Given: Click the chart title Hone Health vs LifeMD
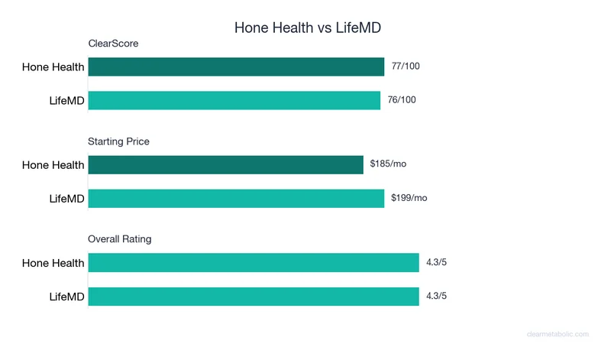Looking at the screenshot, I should (x=307, y=28).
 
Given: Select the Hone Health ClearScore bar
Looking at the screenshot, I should (x=236, y=66).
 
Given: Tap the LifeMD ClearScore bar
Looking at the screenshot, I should (x=234, y=100).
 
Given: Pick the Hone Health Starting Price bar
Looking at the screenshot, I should (x=225, y=164).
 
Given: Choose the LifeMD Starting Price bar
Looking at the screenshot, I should (x=236, y=198).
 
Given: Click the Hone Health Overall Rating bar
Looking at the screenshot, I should (x=254, y=263).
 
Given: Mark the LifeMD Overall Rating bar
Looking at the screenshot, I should (x=254, y=297).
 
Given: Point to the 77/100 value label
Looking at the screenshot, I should (x=406, y=66).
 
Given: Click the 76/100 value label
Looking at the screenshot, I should (x=402, y=100).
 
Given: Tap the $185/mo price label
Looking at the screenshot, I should (x=389, y=164).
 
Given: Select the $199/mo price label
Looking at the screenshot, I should (x=409, y=198).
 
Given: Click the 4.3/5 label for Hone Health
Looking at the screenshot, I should (x=436, y=263).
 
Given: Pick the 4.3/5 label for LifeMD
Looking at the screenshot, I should (x=436, y=297).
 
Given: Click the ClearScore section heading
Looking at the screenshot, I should (x=113, y=44).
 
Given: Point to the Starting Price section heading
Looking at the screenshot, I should (x=118, y=141).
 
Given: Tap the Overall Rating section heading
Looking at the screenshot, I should (x=119, y=239).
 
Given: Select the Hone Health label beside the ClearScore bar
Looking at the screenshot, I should (x=53, y=67).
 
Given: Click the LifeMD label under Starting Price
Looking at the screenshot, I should (x=66, y=199).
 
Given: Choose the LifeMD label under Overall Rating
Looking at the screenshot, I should (x=66, y=297).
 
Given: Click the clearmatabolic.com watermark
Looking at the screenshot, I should (x=559, y=334).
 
